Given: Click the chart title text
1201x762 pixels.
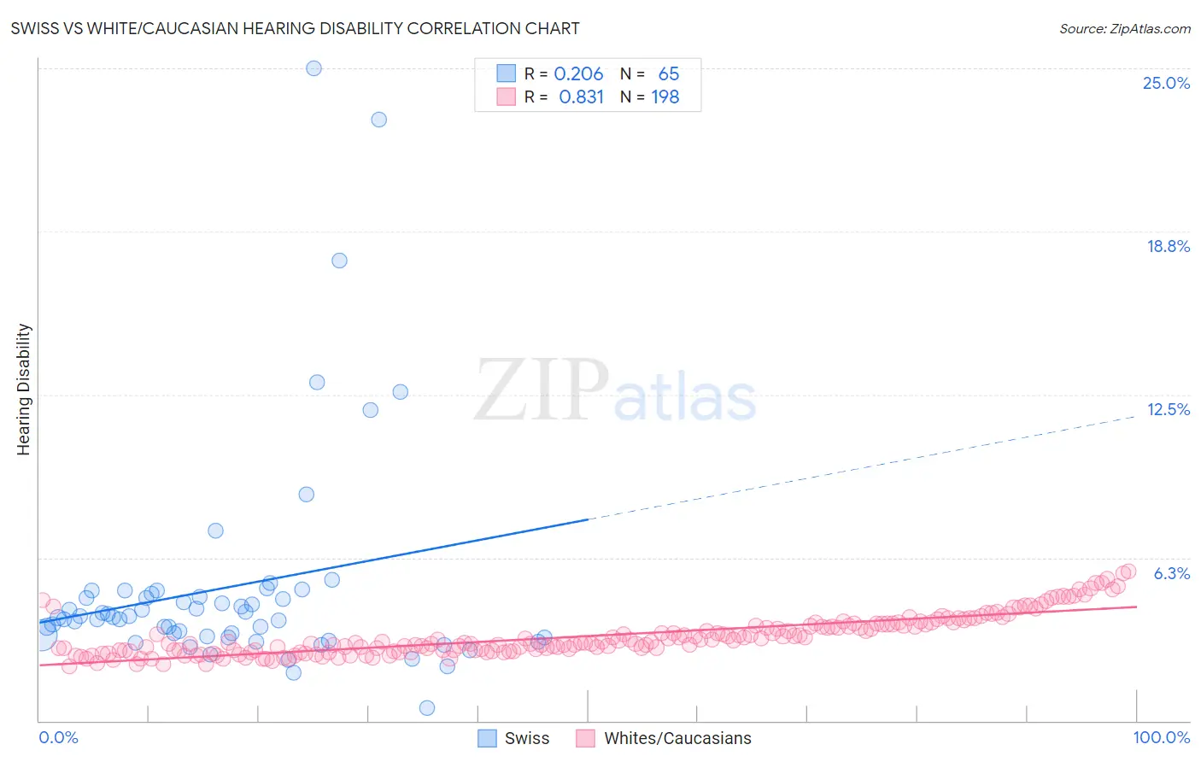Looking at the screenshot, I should [295, 28].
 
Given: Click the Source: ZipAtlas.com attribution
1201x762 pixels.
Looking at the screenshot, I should [1124, 28].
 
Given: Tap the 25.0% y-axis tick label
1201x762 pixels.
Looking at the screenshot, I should [1165, 83].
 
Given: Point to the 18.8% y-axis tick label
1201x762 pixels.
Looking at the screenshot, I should [1167, 246].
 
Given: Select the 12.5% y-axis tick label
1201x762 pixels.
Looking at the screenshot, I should [1168, 409].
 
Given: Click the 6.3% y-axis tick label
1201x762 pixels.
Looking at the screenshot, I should [1171, 573].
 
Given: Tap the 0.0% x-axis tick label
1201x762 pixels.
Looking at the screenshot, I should [58, 737].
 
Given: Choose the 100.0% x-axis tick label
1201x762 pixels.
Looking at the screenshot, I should [1161, 737].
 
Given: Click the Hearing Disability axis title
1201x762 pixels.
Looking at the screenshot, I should [23, 389].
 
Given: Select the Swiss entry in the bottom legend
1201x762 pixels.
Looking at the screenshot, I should [513, 738].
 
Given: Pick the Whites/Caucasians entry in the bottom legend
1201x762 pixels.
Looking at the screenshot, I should [665, 738].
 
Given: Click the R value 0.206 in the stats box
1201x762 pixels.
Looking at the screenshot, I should [578, 74].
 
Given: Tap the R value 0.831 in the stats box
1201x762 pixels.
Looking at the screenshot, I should [581, 97].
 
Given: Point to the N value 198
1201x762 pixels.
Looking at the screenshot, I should [665, 97].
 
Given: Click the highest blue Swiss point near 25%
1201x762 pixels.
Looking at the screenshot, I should [313, 68].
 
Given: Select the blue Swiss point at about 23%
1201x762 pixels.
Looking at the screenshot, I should [378, 120].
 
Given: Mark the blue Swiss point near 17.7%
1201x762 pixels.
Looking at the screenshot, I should [339, 261].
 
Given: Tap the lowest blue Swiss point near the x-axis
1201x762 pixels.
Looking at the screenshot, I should [427, 707].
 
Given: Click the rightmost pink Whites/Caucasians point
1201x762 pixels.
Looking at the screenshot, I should [1128, 571].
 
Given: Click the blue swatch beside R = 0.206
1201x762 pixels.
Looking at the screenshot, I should [507, 73].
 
